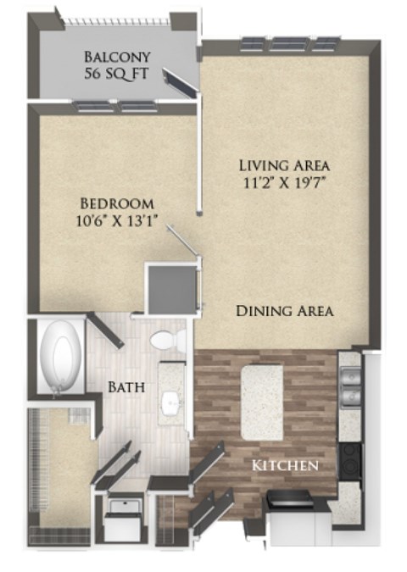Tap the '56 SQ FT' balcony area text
point(117,75)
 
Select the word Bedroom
point(116,203)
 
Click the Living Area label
point(283,164)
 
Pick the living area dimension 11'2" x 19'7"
point(283,182)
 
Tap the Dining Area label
point(283,311)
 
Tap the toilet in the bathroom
point(168,341)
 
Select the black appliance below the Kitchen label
point(288,502)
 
